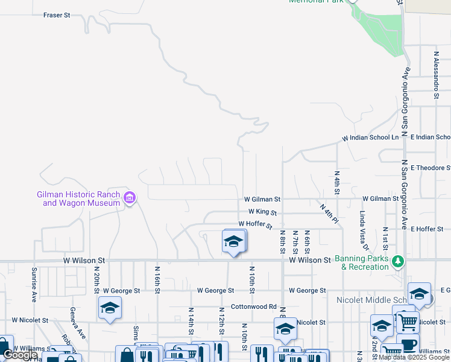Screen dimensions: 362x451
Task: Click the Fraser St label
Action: click(57, 14)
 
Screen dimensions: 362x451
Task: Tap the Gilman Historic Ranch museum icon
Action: click(130, 198)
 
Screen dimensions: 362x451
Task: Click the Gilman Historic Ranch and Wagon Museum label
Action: click(78, 198)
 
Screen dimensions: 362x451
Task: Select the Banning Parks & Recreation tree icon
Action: click(398, 261)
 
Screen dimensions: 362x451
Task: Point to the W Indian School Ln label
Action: click(371, 138)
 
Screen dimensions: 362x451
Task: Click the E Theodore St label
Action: click(430, 168)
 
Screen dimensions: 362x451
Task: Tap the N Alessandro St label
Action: click(435, 74)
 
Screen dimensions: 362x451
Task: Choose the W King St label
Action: click(262, 212)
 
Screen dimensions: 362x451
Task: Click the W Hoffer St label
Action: click(256, 224)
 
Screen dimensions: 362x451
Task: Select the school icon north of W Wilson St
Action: click(233, 241)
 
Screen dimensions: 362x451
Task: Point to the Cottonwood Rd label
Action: click(253, 306)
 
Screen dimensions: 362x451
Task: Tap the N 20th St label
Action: click(96, 279)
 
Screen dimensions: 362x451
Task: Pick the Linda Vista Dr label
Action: click(364, 230)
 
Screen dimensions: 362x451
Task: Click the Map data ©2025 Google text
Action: click(414, 358)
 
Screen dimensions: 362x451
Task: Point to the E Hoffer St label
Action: click(427, 229)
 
